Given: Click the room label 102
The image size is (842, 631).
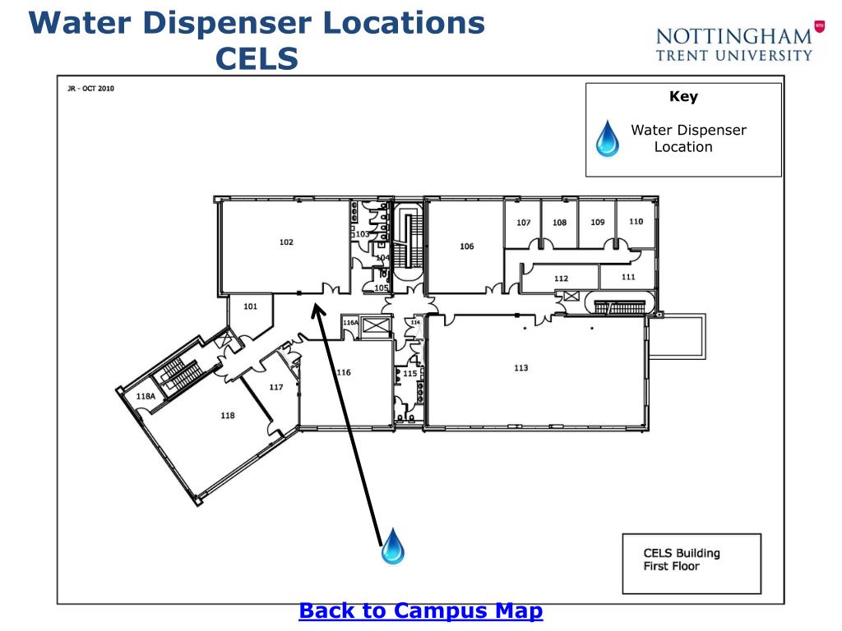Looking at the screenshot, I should point(286,242).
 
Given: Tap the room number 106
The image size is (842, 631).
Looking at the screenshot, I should point(466,246).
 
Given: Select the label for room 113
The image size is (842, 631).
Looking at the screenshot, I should point(520,368).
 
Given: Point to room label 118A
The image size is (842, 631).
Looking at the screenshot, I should point(146,396).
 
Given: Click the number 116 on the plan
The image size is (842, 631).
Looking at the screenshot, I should point(343,373).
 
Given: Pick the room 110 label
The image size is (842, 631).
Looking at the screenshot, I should point(636,222).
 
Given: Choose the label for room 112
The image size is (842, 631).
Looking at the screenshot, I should point(561,279).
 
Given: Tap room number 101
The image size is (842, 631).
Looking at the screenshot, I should point(251,306).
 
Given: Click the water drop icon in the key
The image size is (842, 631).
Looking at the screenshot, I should point(608,138).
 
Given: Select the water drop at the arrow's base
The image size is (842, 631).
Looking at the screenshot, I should point(393,546).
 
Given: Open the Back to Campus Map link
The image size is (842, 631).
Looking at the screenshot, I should point(420,611).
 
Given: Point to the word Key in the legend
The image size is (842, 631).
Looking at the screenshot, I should point(683,97).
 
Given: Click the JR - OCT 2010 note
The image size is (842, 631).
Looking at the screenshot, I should point(90,89).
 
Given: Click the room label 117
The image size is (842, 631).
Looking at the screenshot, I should point(276,388).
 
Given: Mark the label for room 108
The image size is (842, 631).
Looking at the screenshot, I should point(559,223).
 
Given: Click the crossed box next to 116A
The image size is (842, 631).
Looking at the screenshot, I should point(374,326).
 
